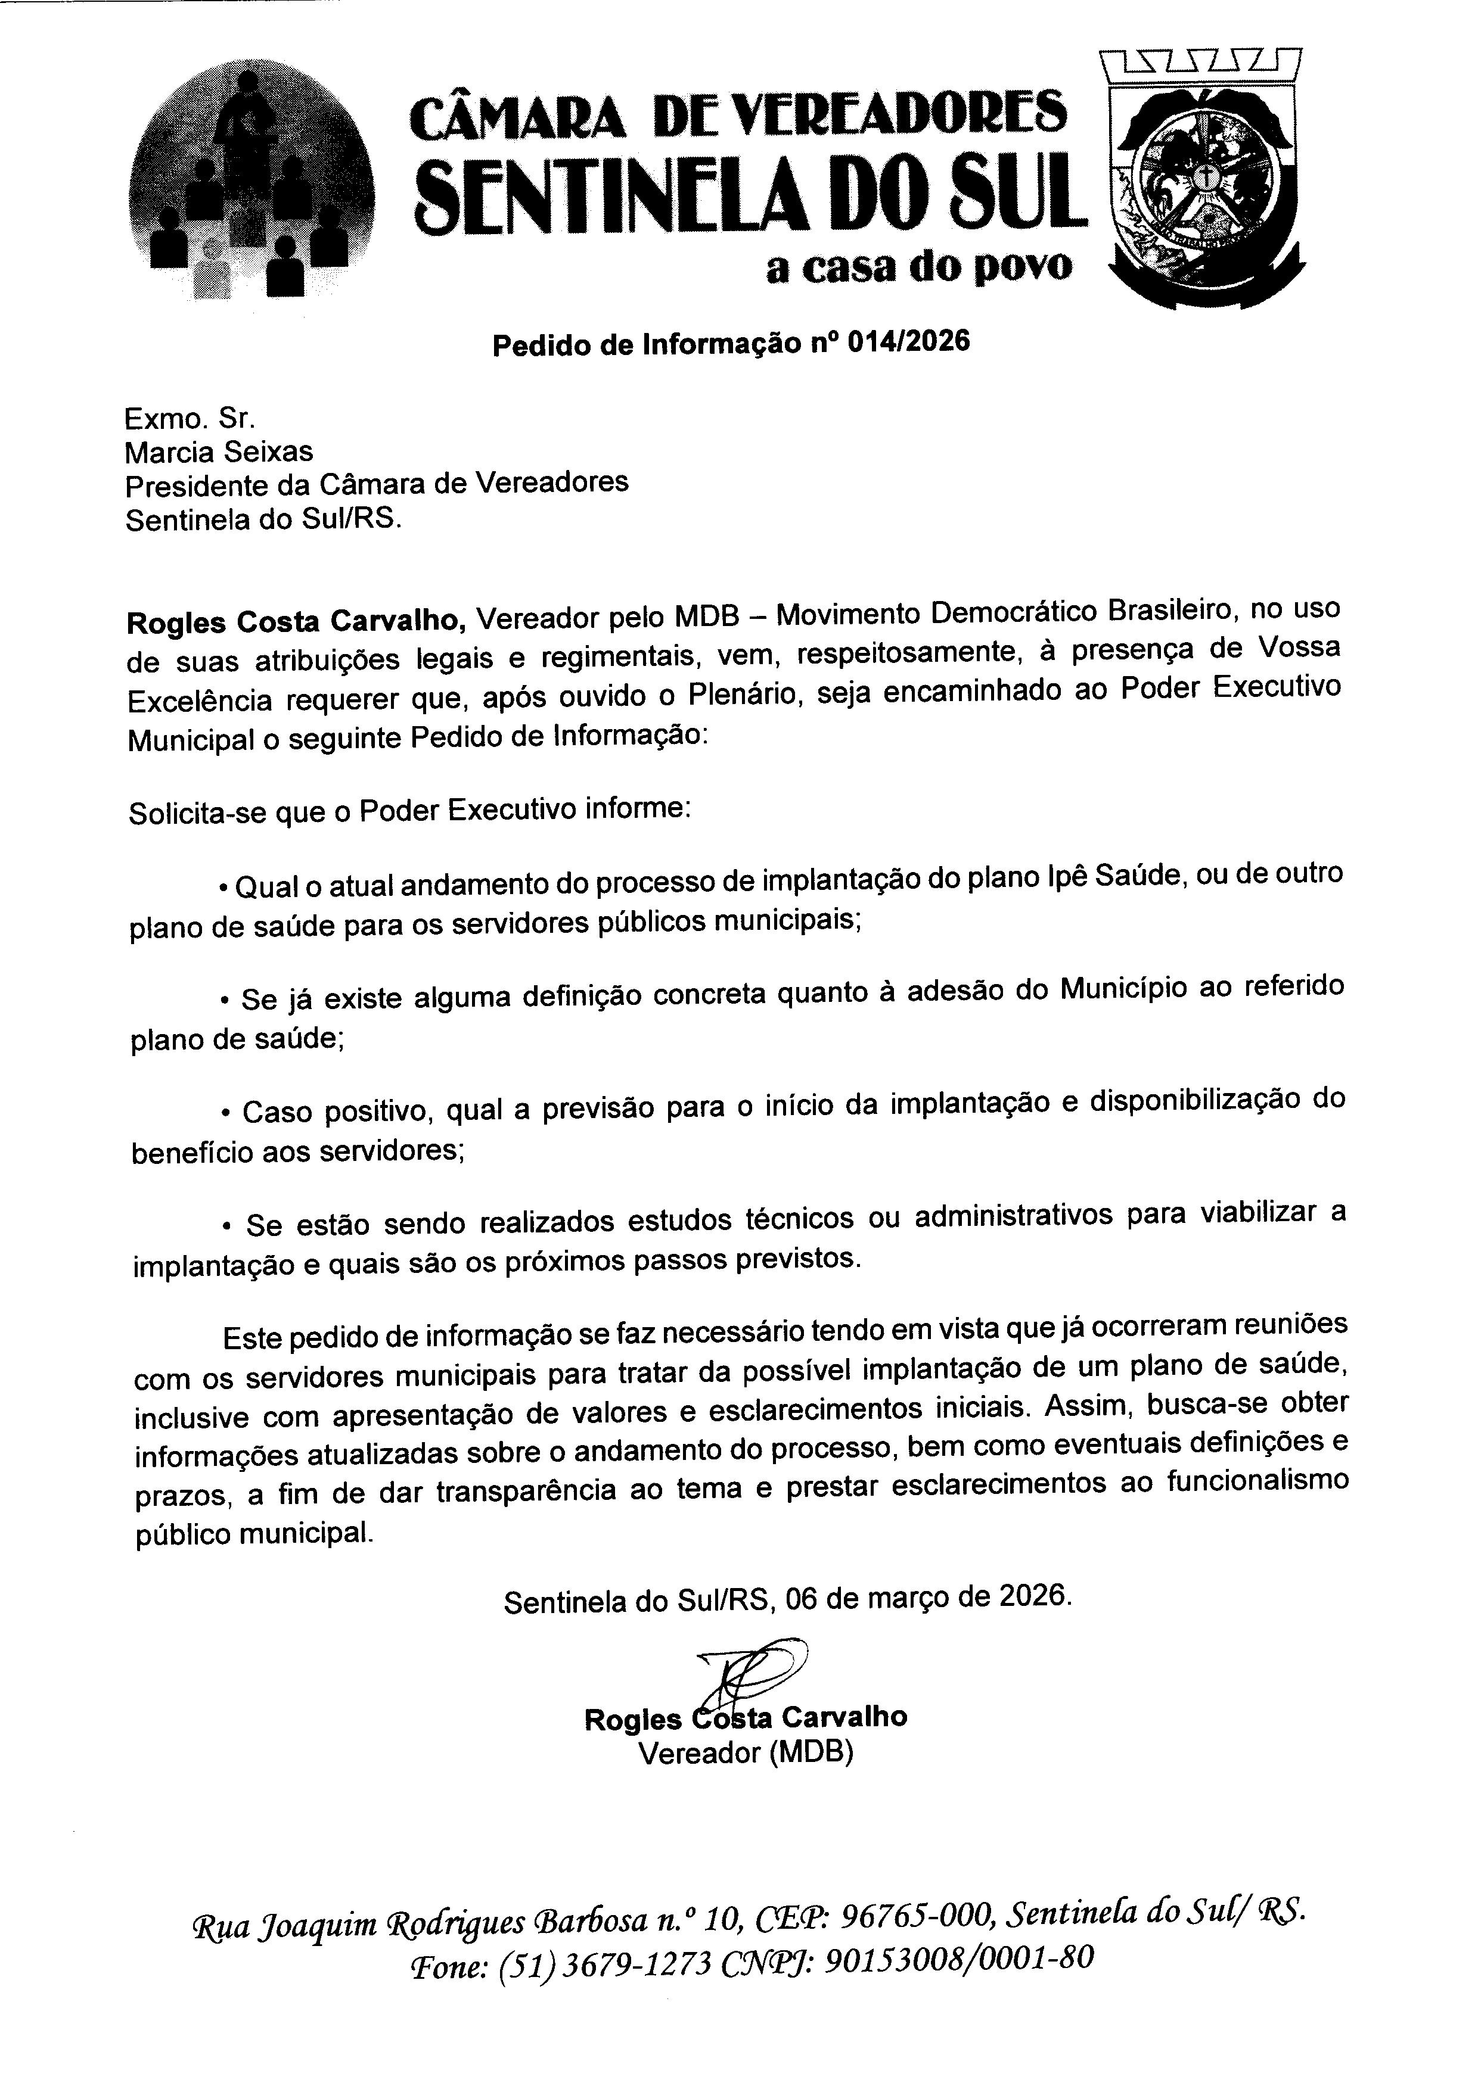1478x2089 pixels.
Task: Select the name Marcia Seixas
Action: [219, 452]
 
